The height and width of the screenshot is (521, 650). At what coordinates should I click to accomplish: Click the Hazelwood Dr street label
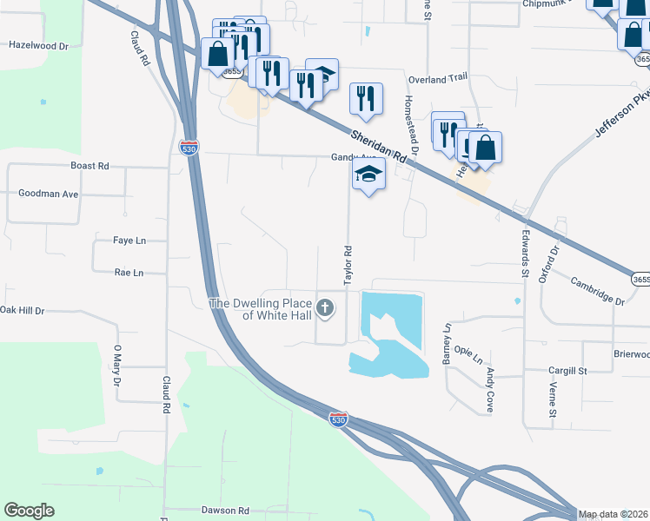click(x=37, y=43)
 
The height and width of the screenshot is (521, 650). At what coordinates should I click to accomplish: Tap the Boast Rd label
click(x=90, y=165)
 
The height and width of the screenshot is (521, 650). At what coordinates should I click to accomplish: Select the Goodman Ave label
click(x=48, y=194)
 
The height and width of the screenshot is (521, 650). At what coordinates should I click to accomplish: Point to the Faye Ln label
click(x=129, y=241)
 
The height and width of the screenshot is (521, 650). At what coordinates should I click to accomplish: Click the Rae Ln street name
click(x=128, y=273)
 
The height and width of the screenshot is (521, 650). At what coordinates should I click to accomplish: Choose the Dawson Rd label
click(x=225, y=511)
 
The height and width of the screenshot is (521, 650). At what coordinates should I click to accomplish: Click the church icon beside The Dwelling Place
click(x=325, y=307)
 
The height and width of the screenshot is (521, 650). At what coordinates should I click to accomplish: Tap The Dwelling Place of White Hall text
click(x=262, y=309)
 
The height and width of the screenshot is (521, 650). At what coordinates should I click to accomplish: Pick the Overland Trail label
click(x=438, y=79)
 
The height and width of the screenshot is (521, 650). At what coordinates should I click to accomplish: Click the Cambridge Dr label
click(x=597, y=291)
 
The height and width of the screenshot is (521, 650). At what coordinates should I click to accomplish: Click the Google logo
click(x=29, y=511)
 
